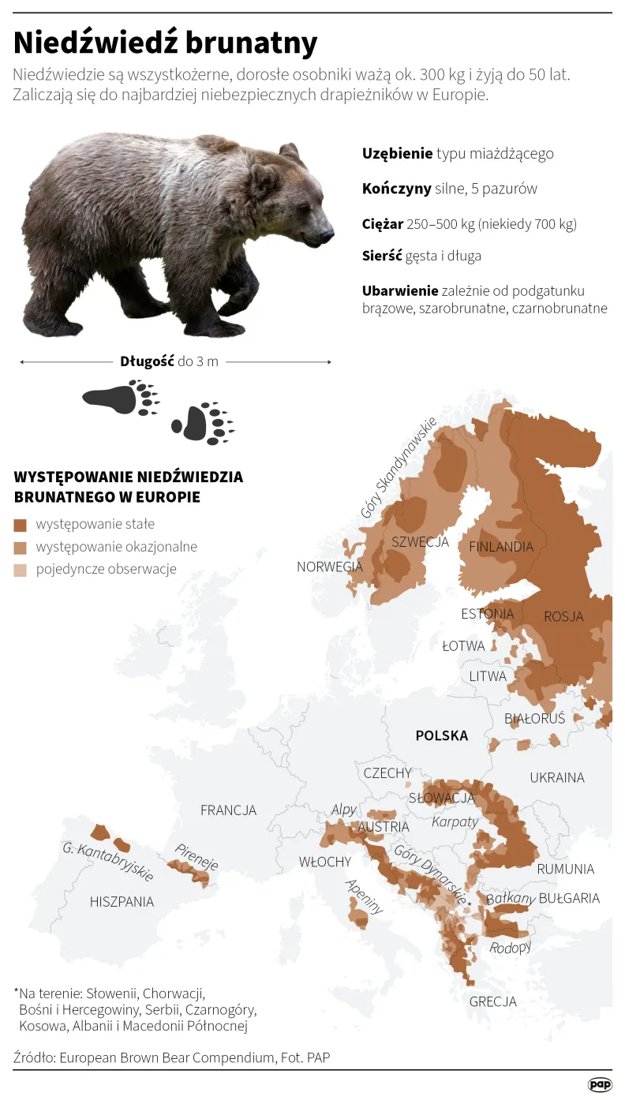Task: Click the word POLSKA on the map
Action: click(442, 735)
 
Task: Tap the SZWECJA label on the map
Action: click(420, 542)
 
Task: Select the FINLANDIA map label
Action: click(501, 546)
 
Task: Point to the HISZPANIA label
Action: click(122, 901)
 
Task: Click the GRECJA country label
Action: click(493, 1001)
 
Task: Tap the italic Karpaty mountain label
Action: click(455, 821)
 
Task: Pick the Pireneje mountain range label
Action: click(196, 855)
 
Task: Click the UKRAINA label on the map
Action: click(557, 777)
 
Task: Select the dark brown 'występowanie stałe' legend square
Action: click(21, 524)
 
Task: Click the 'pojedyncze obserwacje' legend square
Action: click(21, 570)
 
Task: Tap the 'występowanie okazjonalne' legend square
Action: click(21, 547)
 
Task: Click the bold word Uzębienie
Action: click(398, 153)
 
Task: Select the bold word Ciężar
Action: click(383, 224)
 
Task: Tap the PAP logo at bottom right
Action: click(600, 1084)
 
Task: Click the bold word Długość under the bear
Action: click(147, 361)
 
